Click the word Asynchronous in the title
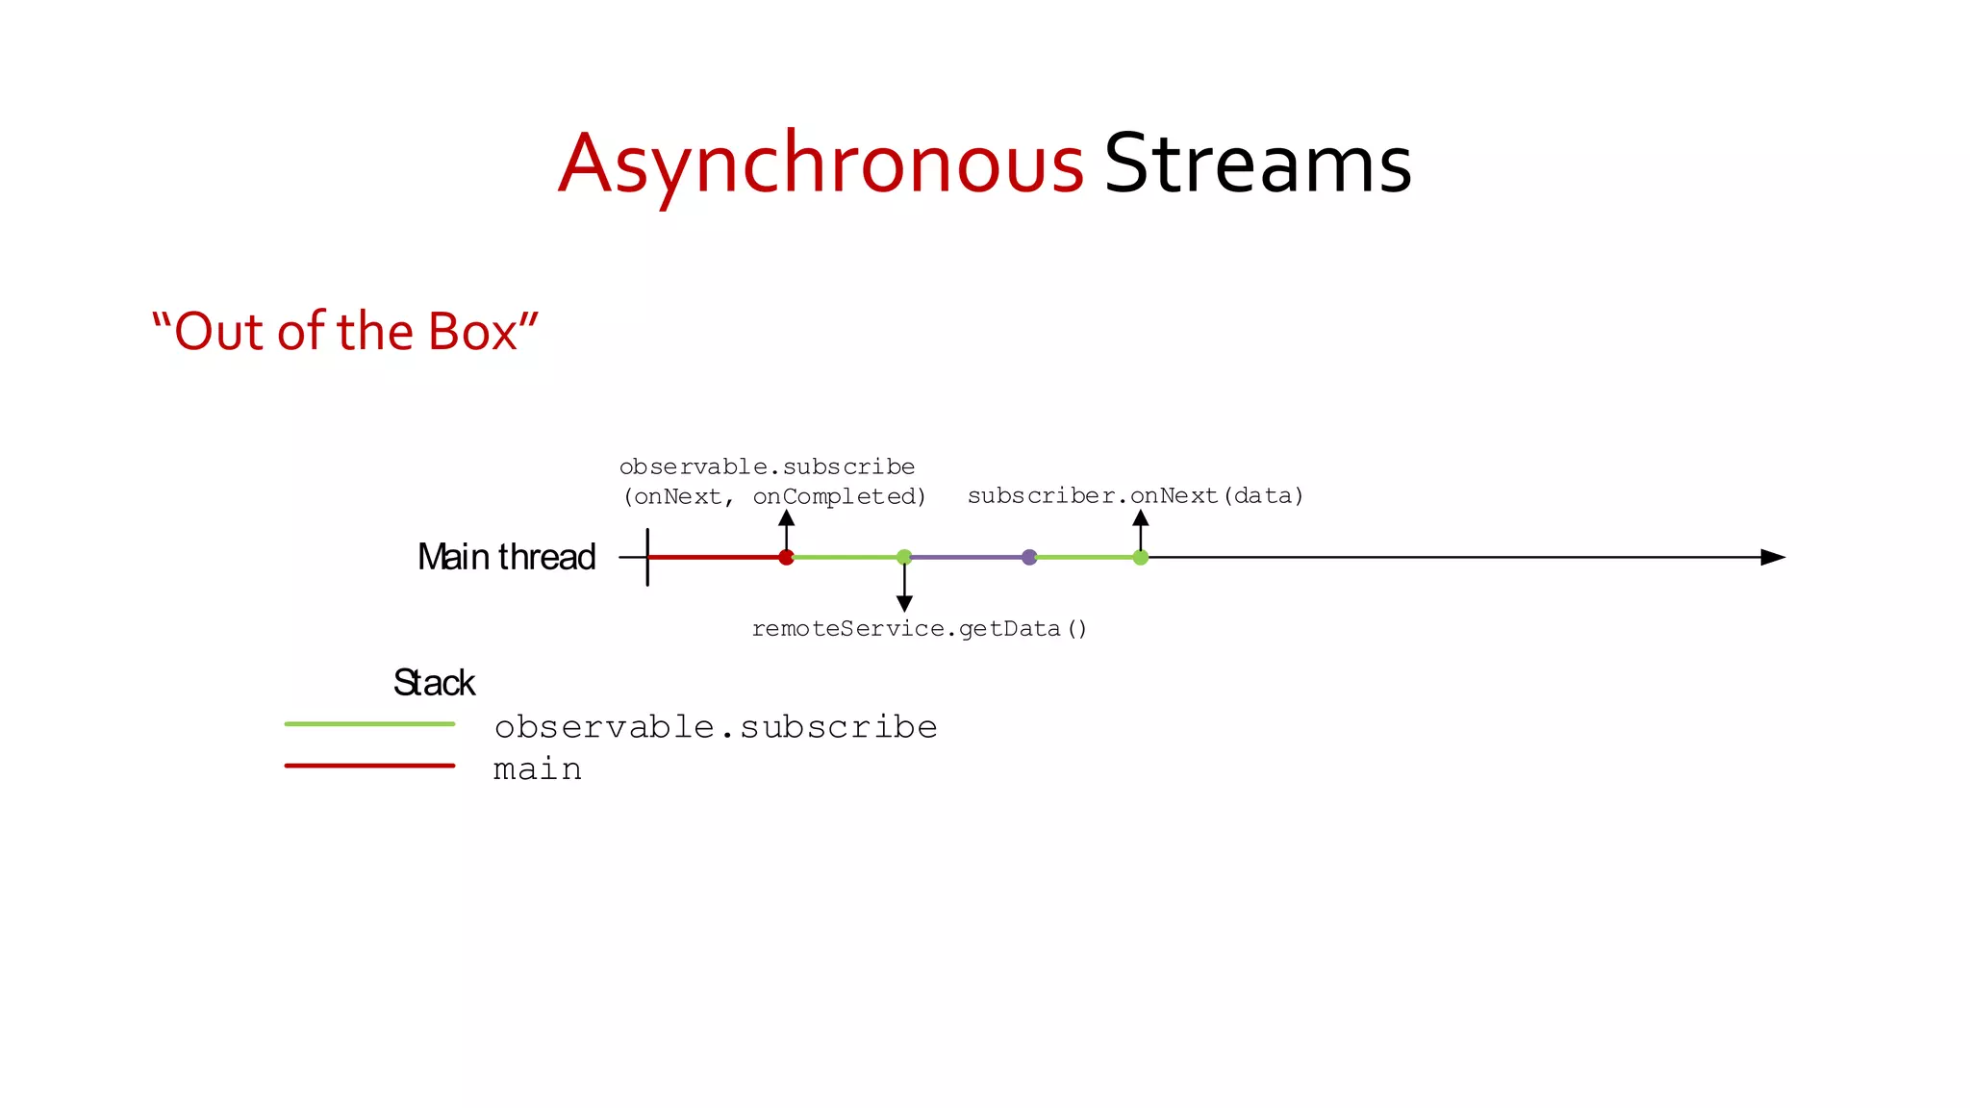[x=821, y=164]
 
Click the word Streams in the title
[x=1257, y=164]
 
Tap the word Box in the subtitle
[x=471, y=332]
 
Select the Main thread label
[x=506, y=557]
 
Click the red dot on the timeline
[x=786, y=557]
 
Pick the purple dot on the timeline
[x=1029, y=557]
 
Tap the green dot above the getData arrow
[x=904, y=557]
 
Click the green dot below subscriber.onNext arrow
[x=1140, y=557]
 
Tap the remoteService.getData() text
[x=919, y=629]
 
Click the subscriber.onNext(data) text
[x=1135, y=496]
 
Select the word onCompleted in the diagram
[x=838, y=497]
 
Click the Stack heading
[x=434, y=683]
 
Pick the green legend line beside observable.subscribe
[x=369, y=724]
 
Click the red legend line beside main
[x=369, y=766]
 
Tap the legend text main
[x=537, y=769]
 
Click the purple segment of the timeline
[x=967, y=557]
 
